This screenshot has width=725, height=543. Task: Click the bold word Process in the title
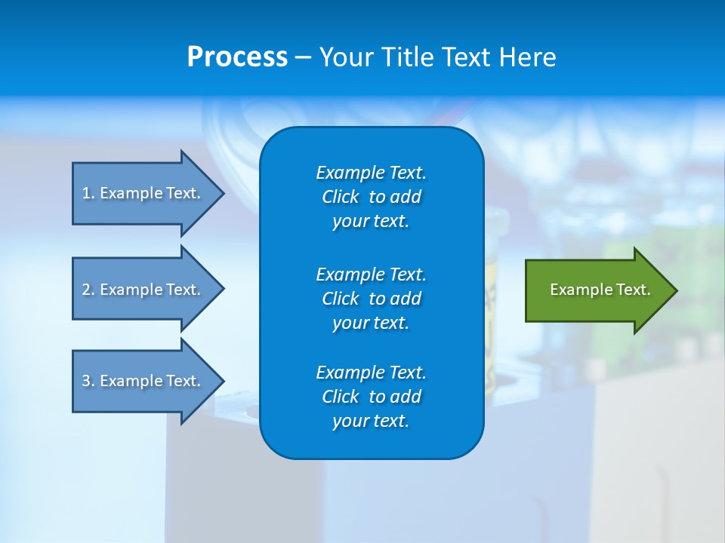pos(237,57)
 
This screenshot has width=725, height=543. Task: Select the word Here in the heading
pos(527,57)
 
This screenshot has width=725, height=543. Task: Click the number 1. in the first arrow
pos(88,193)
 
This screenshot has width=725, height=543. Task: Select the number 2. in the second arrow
pos(88,290)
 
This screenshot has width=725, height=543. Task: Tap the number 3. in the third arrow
pos(88,381)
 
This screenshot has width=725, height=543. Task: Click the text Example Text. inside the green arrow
pos(600,290)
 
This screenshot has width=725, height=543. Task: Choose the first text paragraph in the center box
pos(371,197)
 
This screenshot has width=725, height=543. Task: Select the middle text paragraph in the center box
pos(371,298)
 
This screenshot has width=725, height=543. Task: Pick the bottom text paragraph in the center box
pos(371,397)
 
